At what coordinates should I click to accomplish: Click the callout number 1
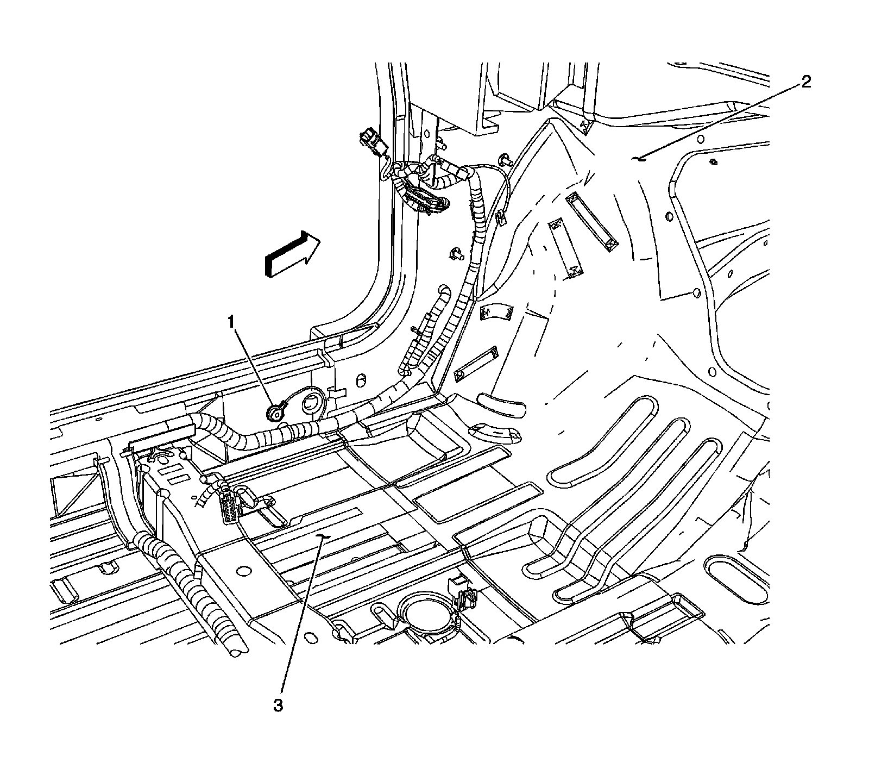coord(232,323)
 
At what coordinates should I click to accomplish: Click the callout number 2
coord(805,83)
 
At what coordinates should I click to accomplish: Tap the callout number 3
coord(278,705)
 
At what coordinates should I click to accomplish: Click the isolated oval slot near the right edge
coord(739,579)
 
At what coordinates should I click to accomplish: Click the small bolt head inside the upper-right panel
coord(713,161)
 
